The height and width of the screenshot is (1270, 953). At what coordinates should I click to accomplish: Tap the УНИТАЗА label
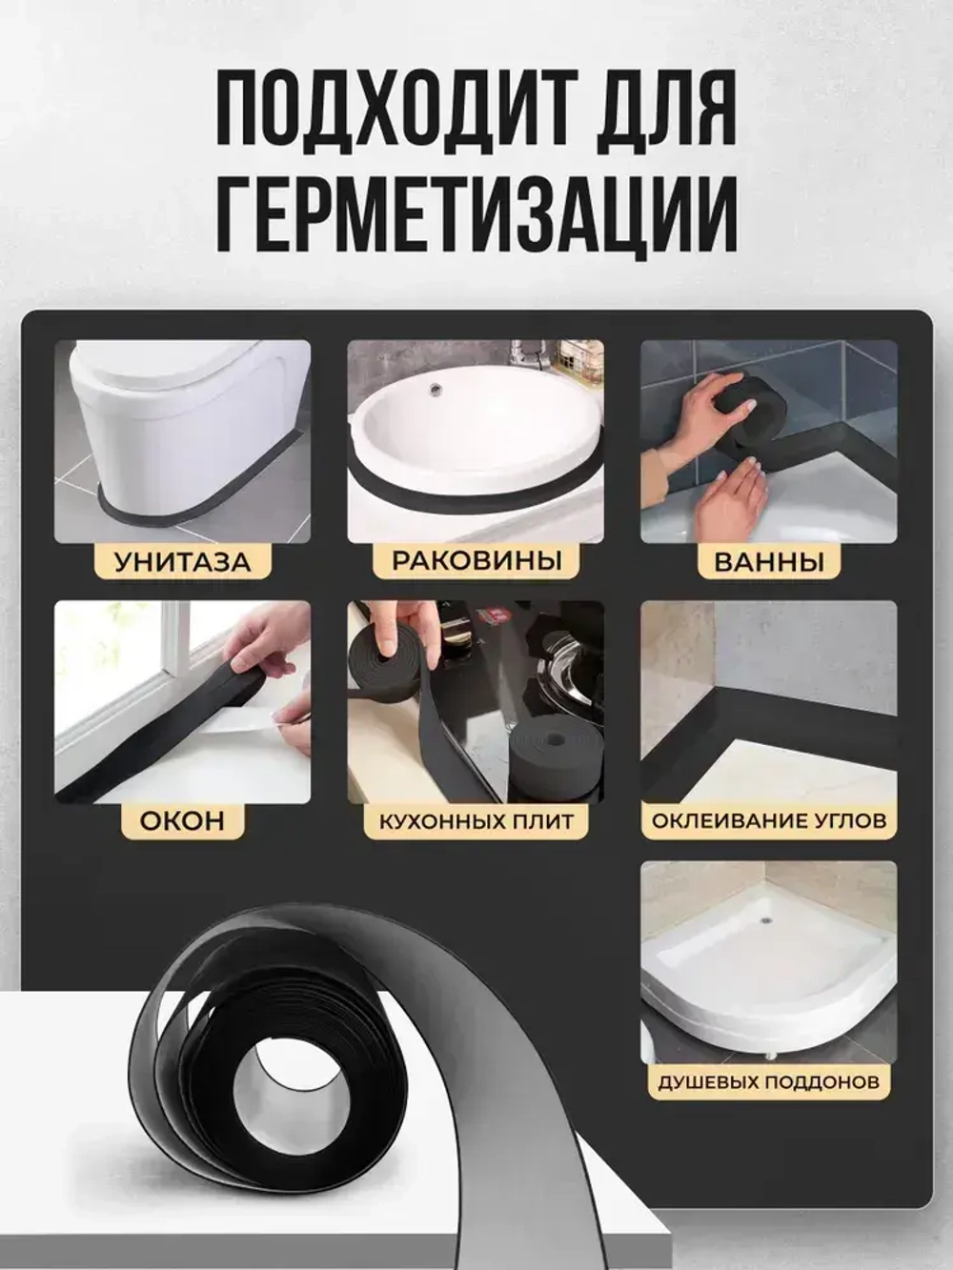(183, 562)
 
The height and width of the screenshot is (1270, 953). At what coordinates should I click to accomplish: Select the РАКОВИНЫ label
(476, 560)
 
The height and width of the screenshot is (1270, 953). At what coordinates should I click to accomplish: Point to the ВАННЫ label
(769, 562)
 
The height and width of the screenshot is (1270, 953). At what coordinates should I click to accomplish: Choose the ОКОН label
(182, 820)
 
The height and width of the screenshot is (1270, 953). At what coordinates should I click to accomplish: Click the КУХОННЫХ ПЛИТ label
(476, 820)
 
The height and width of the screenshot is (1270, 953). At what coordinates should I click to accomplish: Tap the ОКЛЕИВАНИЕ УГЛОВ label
(769, 820)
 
